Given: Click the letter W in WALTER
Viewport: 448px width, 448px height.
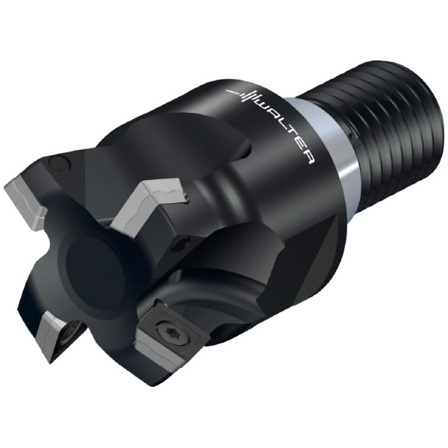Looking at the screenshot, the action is point(264,105).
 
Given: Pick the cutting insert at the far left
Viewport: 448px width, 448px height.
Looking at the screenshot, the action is point(25,199).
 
